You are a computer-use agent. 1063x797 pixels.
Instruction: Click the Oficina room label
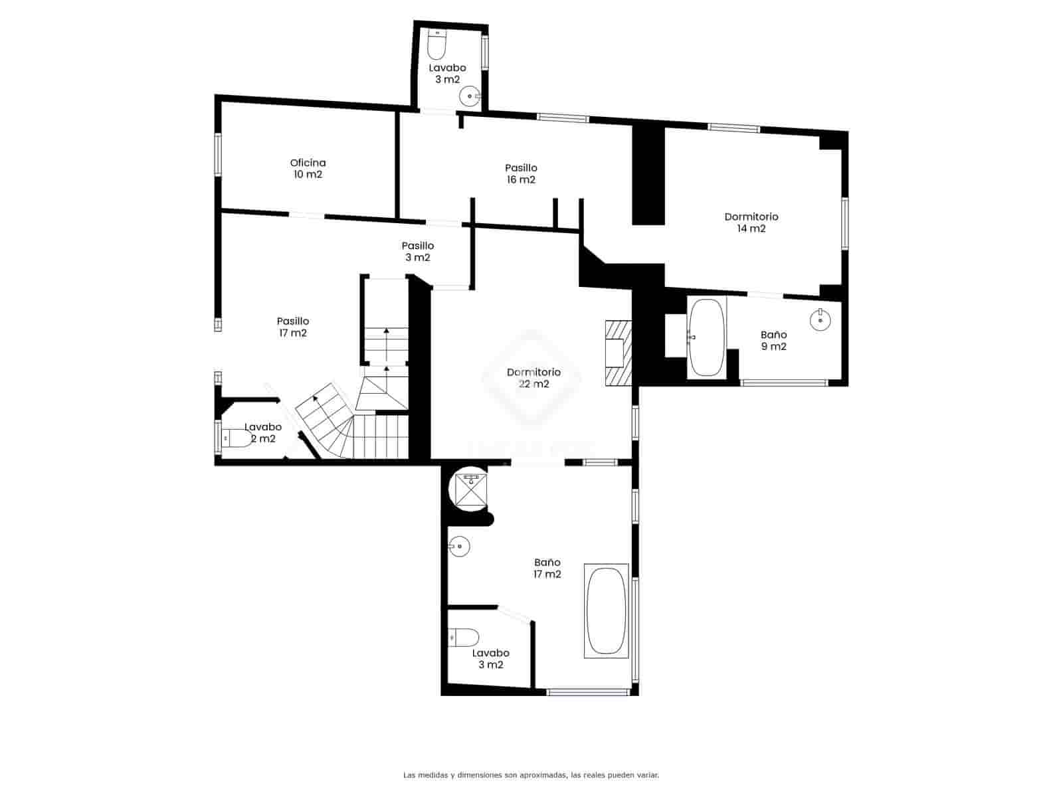pos(308,169)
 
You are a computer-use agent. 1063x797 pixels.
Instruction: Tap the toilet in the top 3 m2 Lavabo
pos(436,44)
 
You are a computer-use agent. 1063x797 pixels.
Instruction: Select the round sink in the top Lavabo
pos(470,96)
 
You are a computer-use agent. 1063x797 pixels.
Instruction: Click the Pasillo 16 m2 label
pos(520,174)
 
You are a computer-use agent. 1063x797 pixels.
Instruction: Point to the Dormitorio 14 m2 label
pos(751,222)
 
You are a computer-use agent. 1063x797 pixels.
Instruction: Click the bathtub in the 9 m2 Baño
pos(706,337)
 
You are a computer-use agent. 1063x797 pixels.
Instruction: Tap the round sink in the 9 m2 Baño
pos(821,319)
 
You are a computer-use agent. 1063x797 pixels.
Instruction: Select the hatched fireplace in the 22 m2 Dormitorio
pos(617,353)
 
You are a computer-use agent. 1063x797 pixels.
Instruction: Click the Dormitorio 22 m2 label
pos(533,378)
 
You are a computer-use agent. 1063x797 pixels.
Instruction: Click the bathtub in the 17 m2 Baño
pos(606,611)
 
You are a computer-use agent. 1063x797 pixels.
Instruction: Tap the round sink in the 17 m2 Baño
pos(458,547)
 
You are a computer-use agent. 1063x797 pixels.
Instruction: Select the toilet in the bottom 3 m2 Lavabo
pos(463,638)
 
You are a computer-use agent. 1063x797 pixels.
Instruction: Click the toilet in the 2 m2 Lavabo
pos(236,438)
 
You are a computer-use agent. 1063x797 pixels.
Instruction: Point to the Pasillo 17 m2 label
pos(293,327)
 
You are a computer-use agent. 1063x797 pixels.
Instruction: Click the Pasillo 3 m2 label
pos(417,252)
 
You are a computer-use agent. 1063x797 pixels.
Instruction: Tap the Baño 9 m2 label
pos(773,341)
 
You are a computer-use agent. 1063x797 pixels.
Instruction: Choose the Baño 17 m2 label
pos(547,569)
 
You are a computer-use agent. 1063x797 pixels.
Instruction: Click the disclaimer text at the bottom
pos(531,774)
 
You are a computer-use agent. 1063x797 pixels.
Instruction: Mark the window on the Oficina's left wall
pos(217,155)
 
